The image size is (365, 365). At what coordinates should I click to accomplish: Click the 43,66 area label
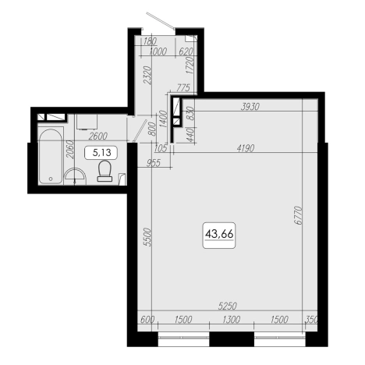click(x=219, y=235)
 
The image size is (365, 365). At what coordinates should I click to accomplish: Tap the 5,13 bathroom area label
click(x=101, y=153)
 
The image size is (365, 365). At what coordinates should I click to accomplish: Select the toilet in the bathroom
click(x=105, y=171)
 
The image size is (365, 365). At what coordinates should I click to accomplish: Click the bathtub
click(x=51, y=156)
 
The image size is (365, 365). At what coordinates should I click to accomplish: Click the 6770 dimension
click(x=298, y=215)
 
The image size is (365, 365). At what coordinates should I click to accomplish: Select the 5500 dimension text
click(x=147, y=237)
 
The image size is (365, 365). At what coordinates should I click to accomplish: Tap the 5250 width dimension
click(x=228, y=306)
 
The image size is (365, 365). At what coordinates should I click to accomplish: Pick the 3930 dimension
click(x=250, y=107)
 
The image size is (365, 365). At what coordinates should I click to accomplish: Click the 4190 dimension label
click(x=246, y=148)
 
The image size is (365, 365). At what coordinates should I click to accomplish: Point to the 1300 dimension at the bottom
click(x=231, y=319)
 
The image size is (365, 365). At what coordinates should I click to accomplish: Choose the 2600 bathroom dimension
click(x=97, y=136)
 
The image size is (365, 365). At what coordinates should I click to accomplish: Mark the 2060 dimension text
click(x=69, y=150)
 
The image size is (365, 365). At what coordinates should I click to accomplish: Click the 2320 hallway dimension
click(x=147, y=76)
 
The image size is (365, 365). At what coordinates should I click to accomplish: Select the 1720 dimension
click(x=190, y=66)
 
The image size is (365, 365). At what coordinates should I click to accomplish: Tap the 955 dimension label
click(x=154, y=163)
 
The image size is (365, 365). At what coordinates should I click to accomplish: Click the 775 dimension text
click(x=183, y=88)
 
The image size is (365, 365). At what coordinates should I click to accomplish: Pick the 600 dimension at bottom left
click(x=147, y=319)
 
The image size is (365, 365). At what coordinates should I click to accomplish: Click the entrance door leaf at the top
click(x=161, y=20)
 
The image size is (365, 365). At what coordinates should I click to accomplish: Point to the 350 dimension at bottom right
click(x=312, y=319)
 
